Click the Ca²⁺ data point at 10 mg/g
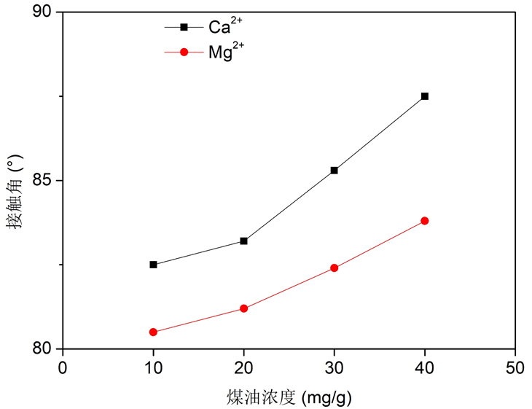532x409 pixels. click(x=153, y=265)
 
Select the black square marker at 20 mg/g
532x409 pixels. click(x=244, y=241)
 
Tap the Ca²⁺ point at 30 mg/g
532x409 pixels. click(x=335, y=170)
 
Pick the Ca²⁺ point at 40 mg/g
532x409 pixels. click(x=425, y=96)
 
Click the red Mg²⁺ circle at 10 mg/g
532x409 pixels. click(x=153, y=332)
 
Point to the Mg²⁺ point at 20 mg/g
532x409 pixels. click(x=244, y=308)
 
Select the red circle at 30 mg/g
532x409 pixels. click(x=335, y=268)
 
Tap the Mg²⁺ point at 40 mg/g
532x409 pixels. click(x=425, y=221)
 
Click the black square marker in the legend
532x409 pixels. click(x=184, y=28)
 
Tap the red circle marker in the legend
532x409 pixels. click(x=184, y=52)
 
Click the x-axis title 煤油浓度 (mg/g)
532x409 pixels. click(x=289, y=396)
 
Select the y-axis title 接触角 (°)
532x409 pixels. click(x=15, y=192)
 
